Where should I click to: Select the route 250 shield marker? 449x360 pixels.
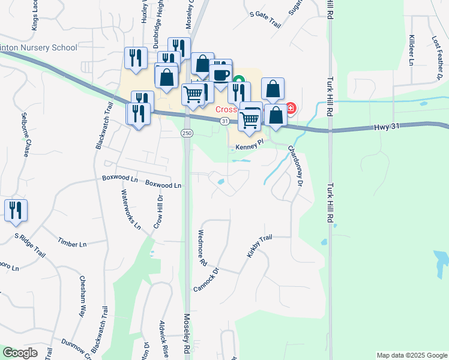187,133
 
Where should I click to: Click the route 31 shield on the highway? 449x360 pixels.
224,121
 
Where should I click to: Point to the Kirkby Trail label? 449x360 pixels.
259,247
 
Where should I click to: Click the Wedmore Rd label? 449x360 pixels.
202,248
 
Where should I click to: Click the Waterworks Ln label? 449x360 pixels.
131,210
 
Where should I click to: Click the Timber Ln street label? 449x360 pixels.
73,244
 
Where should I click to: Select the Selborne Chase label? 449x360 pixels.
25,134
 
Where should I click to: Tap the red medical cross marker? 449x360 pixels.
291,109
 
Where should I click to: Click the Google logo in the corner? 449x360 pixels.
20,353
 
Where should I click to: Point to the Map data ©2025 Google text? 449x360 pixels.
411,355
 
